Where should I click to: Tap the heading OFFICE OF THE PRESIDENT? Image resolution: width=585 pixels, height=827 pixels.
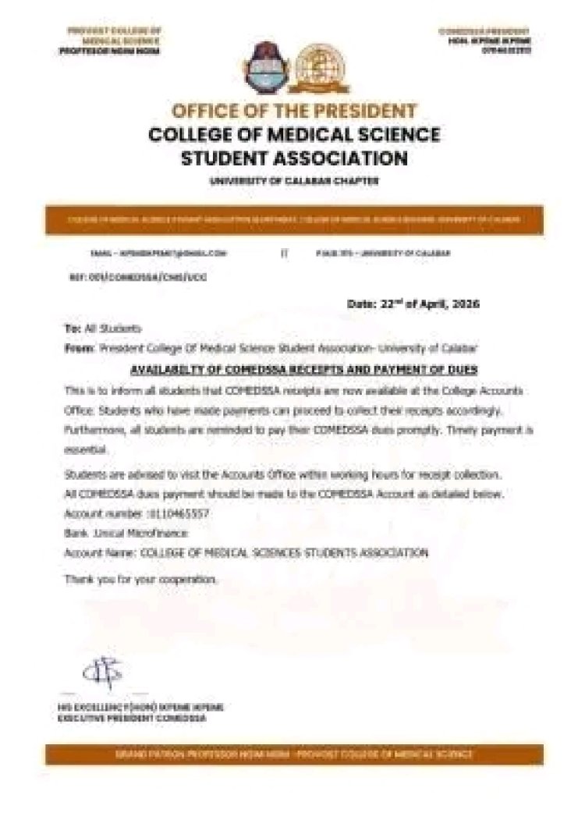[x=294, y=110]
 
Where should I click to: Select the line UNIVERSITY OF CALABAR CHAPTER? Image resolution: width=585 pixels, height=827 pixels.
[x=294, y=181]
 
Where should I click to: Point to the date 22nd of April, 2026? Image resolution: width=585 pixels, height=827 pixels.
[x=413, y=303]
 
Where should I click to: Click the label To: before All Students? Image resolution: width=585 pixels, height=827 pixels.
[x=71, y=329]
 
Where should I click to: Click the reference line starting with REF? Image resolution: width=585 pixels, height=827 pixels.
[x=137, y=277]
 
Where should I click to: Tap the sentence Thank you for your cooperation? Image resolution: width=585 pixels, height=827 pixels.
[x=140, y=579]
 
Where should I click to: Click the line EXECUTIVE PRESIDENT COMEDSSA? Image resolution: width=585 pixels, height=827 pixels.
[x=132, y=718]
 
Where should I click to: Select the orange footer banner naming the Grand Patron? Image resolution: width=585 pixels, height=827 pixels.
[x=293, y=754]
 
